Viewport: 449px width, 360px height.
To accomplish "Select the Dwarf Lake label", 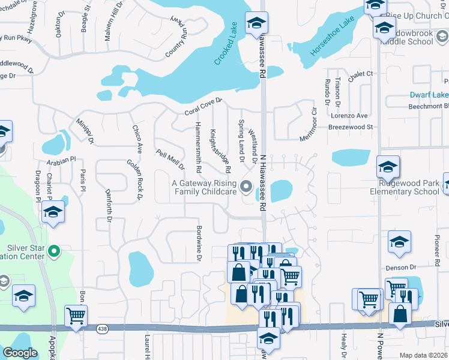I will [429, 95].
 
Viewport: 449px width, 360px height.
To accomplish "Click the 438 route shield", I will [103, 329].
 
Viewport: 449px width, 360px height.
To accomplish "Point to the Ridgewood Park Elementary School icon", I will [388, 167].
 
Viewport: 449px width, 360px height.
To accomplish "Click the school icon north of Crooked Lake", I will [257, 23].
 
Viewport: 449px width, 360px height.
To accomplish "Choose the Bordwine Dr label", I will [199, 243].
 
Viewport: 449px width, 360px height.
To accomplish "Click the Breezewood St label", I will [351, 127].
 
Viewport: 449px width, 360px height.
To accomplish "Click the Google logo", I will [20, 353].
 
